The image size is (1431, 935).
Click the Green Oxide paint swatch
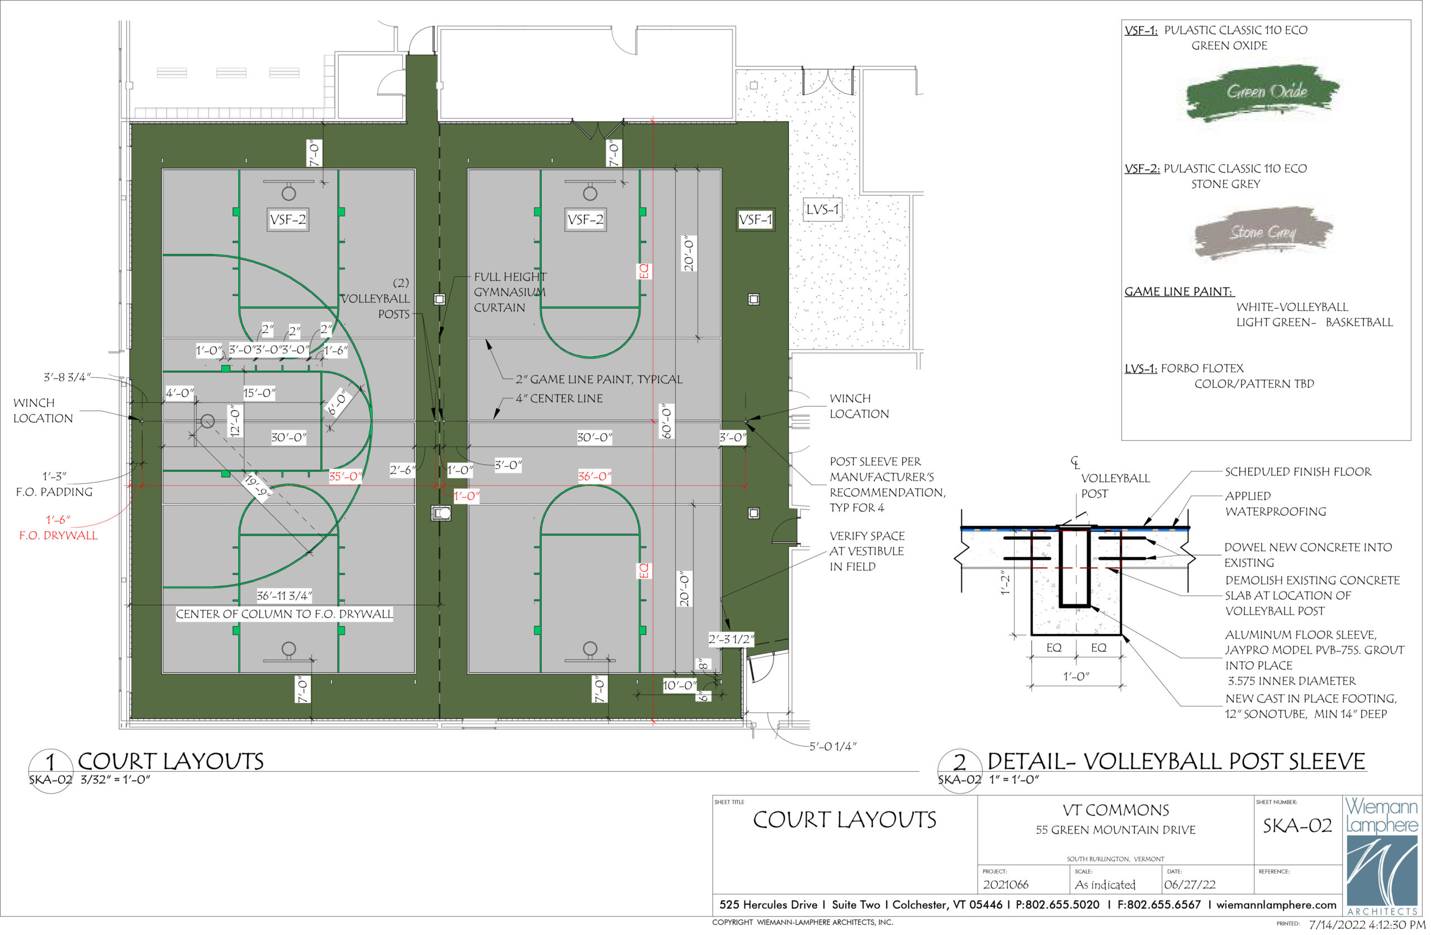coord(1262,93)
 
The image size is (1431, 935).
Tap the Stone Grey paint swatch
coord(1263,233)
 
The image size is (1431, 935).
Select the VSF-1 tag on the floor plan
coord(755,220)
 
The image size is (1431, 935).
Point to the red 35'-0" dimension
coord(345,476)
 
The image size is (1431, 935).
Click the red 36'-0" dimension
coord(594,476)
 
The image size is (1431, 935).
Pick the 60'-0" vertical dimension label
coord(666,421)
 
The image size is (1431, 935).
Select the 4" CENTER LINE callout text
coord(559,398)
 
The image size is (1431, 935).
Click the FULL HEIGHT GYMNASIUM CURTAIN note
coord(510,292)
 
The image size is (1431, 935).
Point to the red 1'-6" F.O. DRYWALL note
coord(58,528)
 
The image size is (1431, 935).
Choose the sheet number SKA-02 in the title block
coord(1297,825)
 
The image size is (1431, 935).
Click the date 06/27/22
coord(1190,885)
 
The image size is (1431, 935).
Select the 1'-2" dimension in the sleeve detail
coord(1004,583)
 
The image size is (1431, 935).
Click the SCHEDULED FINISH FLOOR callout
coord(1298,472)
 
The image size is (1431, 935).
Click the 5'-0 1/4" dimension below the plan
coord(833,746)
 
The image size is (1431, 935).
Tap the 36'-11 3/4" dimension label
coord(285,596)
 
